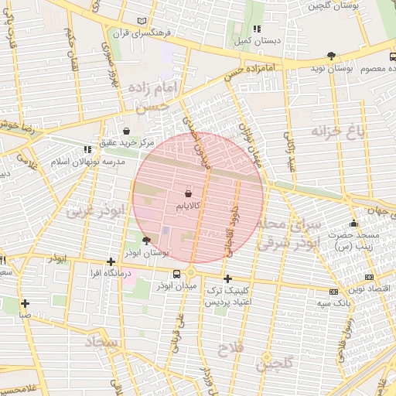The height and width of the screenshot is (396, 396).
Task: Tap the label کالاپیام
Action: pos(189,206)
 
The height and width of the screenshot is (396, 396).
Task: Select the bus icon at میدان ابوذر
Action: pos(177,274)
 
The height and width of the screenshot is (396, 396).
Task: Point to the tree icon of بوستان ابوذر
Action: pos(146,241)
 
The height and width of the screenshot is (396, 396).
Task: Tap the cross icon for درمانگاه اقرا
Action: pos(111,261)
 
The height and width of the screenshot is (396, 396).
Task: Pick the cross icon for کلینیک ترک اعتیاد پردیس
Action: pos(227,278)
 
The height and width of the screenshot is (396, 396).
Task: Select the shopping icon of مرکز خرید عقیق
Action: pos(126,131)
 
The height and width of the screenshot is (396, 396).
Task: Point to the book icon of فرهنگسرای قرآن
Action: pos(140,20)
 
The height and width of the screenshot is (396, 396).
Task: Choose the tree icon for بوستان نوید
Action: pos(332,56)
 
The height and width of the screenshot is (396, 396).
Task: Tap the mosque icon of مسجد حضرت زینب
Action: pos(354,224)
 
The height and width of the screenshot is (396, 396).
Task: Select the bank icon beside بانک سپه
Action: pos(333,292)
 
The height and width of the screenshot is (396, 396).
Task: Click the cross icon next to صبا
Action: pos(26,303)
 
